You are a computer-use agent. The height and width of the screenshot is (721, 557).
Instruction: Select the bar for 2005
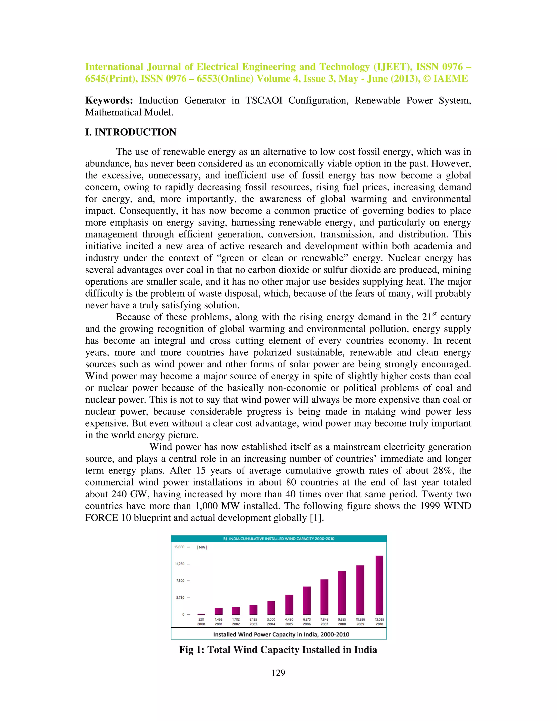pyautogui.click(x=289, y=605)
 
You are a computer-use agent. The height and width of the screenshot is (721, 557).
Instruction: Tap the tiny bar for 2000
pyautogui.click(x=201, y=614)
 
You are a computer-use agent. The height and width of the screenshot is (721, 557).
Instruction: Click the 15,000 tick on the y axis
pyautogui.click(x=180, y=547)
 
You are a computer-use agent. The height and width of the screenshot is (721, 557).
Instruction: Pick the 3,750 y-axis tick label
pyautogui.click(x=180, y=597)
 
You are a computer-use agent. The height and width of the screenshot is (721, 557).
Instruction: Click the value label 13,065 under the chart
pyautogui.click(x=379, y=619)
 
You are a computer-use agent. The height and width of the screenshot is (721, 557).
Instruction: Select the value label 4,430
pyautogui.click(x=289, y=619)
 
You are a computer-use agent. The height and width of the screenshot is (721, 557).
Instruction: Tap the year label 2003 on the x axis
pyautogui.click(x=253, y=624)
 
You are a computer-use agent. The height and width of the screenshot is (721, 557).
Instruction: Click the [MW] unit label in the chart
pyautogui.click(x=202, y=547)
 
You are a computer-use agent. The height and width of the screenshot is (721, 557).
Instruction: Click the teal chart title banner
pyautogui.click(x=278, y=538)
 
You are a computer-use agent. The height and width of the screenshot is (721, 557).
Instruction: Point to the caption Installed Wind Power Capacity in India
pyautogui.click(x=281, y=634)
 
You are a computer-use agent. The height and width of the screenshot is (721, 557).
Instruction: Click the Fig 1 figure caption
pyautogui.click(x=278, y=650)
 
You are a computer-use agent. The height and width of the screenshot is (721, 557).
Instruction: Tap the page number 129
pyautogui.click(x=278, y=673)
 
